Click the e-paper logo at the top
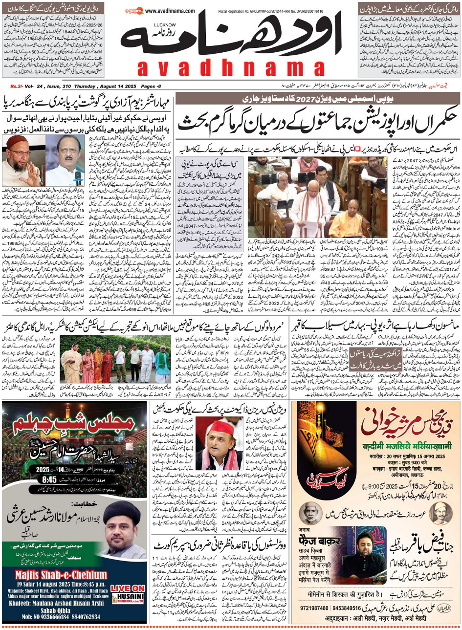[133, 11]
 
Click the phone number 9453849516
[361, 608]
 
